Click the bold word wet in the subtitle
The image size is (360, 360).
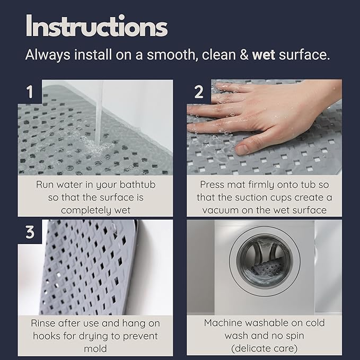pos(264,55)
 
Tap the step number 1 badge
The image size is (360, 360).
pos(30,92)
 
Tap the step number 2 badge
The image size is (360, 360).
pos(199,92)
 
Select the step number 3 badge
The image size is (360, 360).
pos(30,232)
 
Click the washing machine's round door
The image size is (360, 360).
pos(264,260)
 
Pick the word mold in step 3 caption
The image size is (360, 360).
pos(95,348)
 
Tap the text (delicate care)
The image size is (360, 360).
pos(264,348)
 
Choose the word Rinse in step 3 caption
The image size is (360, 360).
pos(44,323)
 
